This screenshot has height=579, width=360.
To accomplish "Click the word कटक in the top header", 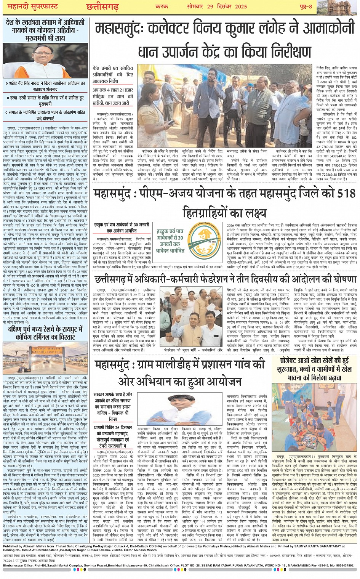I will point(162,6).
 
